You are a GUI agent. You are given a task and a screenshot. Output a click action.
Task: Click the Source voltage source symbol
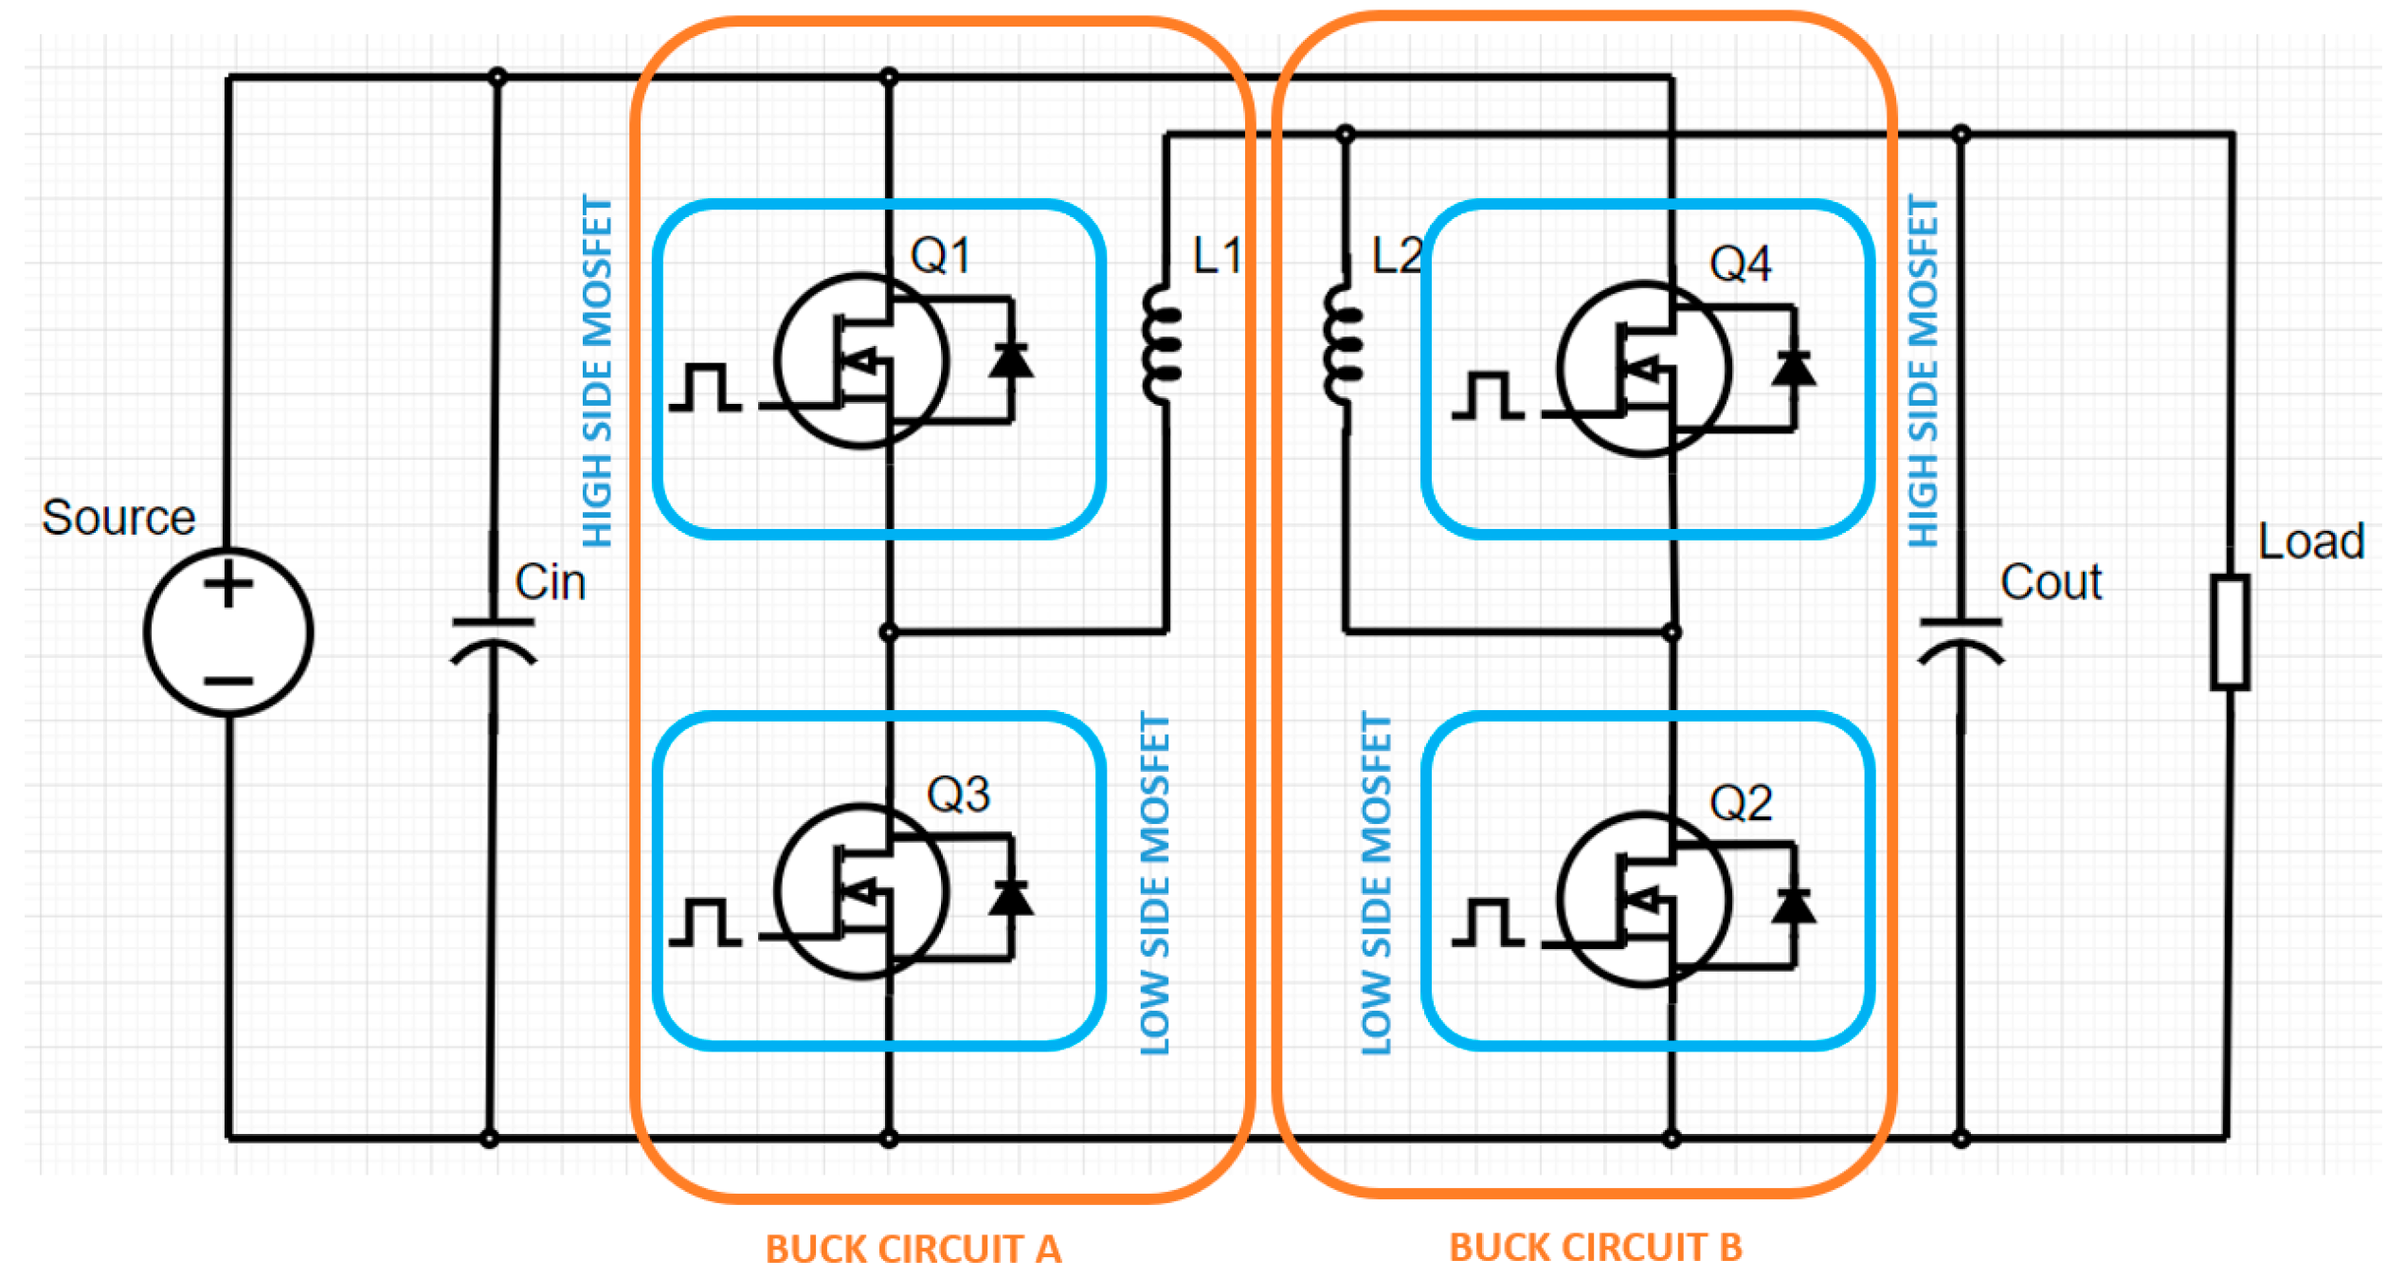(x=228, y=631)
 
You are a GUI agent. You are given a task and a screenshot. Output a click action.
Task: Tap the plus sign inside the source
(x=228, y=583)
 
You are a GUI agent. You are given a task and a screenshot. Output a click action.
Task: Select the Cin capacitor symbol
(x=493, y=639)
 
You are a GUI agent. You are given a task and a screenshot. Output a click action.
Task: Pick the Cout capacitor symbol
(x=1960, y=639)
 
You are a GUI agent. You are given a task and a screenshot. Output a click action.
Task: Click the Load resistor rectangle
(x=2230, y=631)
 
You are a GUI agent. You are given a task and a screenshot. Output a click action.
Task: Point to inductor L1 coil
(x=1162, y=345)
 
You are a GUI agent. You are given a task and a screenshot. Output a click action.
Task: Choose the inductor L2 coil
(x=1343, y=345)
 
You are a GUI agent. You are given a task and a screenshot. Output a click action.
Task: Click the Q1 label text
(x=940, y=255)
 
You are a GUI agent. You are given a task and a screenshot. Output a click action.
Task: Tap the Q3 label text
(x=958, y=795)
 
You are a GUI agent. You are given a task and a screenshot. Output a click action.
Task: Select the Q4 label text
(x=1740, y=264)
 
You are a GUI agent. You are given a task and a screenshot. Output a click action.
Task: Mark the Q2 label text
(x=1740, y=803)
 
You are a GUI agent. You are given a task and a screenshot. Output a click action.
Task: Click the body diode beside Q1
(x=1011, y=360)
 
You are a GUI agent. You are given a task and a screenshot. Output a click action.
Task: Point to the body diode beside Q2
(x=1793, y=905)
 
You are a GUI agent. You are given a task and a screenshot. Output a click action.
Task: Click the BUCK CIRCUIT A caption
(x=913, y=1250)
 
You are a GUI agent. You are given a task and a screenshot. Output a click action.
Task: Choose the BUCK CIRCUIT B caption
(x=1596, y=1248)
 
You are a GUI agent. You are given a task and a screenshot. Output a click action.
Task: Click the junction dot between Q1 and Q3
(x=888, y=631)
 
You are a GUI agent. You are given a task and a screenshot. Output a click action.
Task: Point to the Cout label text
(x=2051, y=581)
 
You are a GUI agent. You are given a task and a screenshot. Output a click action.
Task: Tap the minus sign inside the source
(x=228, y=681)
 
